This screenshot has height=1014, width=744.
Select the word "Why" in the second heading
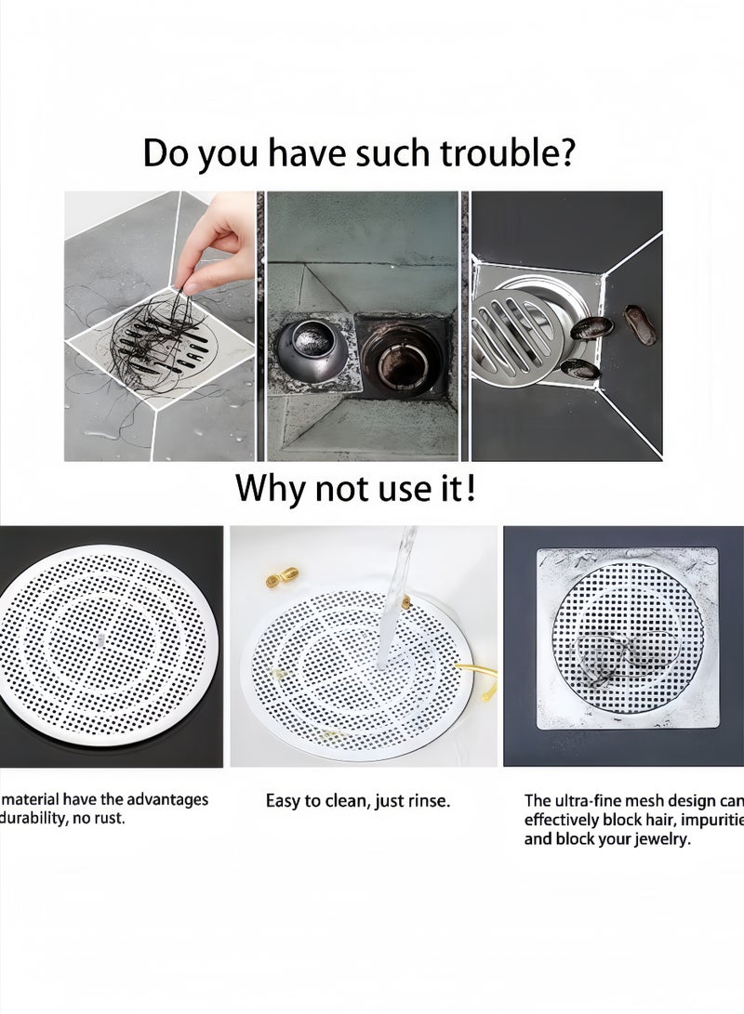(271, 487)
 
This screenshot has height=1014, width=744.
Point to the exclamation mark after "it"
(471, 486)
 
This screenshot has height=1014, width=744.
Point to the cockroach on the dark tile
(640, 325)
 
